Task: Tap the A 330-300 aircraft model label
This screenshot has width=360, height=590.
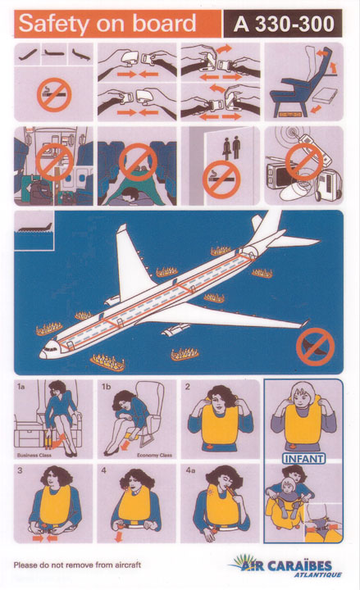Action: pos(284,24)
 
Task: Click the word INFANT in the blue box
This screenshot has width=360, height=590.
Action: pos(303,459)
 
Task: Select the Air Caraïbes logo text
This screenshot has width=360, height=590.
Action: pos(286,565)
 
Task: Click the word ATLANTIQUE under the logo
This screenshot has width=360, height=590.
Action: pos(318,574)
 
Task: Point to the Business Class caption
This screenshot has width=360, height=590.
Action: pos(34,456)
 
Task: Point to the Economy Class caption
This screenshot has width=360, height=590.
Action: pos(154,456)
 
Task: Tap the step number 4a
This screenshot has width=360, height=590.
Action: pos(190,470)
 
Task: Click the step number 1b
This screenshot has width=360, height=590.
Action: pos(106,387)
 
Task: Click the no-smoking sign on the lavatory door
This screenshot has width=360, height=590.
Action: pos(221,179)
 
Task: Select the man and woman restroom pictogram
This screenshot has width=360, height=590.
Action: pos(231,147)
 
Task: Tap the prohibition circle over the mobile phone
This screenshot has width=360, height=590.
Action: pos(304,161)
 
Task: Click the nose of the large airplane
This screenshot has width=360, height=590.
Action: pos(42,355)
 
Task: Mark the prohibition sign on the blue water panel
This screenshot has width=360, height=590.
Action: pos(315,347)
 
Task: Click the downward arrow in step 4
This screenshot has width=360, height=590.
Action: pos(119,536)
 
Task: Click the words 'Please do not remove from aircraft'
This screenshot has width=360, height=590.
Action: pos(77,565)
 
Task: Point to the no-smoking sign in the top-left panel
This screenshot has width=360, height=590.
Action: pos(54,95)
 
